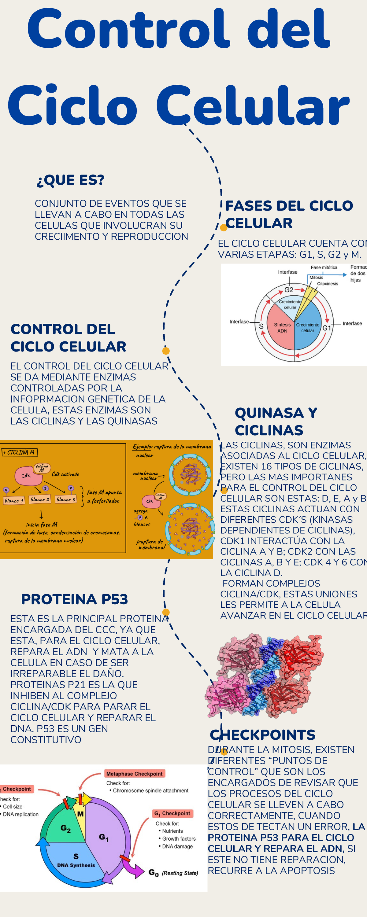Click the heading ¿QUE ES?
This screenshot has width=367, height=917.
[x=70, y=180]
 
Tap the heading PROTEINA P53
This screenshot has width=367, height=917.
[x=74, y=599]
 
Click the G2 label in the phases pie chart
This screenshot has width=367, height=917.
[x=289, y=290]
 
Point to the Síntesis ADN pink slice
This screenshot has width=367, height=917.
[x=281, y=327]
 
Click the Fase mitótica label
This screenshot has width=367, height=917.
[x=324, y=267]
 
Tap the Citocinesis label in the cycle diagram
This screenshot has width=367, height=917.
[x=328, y=284]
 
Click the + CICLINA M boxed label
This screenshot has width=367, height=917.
[x=19, y=452]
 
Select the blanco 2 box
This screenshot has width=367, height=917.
[x=40, y=499]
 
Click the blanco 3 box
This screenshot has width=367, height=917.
[x=66, y=499]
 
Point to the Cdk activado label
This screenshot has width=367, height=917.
[x=65, y=474]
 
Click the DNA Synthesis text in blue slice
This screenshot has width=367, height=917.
[x=76, y=865]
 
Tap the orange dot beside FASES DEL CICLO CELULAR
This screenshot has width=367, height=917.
[x=223, y=227]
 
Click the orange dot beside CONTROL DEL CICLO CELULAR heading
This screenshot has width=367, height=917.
[x=166, y=351]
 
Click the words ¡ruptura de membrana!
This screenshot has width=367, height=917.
[x=150, y=544]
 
